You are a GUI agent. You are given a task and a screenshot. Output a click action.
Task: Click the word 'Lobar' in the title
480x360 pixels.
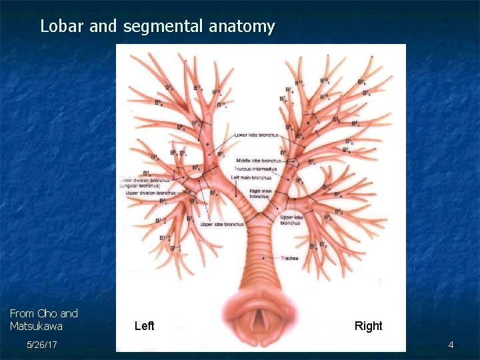pyautogui.click(x=59, y=27)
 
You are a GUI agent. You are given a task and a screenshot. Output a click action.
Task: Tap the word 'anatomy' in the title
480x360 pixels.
pyautogui.click(x=241, y=27)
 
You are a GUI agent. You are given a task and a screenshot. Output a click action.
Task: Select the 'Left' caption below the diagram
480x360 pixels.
pyautogui.click(x=144, y=326)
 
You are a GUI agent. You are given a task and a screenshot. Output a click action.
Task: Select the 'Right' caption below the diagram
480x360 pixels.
pyautogui.click(x=368, y=326)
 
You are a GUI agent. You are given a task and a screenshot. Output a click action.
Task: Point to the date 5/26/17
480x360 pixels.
pyautogui.click(x=41, y=345)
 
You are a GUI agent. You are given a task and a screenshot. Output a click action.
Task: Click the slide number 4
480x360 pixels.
pyautogui.click(x=451, y=345)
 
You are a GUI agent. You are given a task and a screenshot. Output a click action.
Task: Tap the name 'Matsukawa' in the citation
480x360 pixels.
pyautogui.click(x=36, y=326)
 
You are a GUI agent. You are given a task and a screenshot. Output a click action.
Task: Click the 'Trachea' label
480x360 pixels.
pyautogui.click(x=289, y=258)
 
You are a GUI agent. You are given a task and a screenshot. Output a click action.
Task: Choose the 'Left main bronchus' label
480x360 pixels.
pyautogui.click(x=251, y=177)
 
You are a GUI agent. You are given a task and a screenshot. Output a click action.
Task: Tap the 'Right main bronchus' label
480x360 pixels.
pyautogui.click(x=260, y=194)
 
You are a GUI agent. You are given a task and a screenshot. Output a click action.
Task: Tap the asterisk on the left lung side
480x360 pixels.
pyautogui.click(x=207, y=145)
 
